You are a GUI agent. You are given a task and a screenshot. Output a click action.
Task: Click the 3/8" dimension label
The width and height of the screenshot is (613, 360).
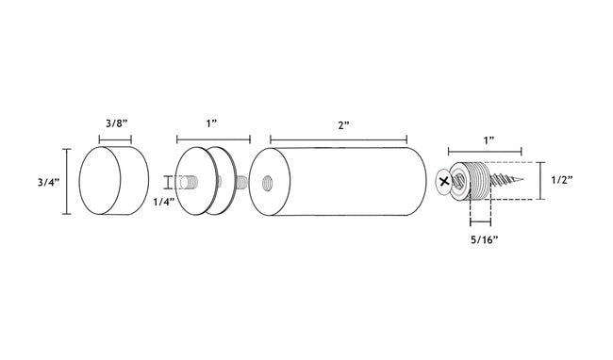point(117,123)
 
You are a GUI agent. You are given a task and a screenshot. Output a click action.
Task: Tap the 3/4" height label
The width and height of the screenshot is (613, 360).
point(48,182)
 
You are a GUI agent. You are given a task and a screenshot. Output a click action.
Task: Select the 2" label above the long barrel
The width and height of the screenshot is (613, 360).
point(343,125)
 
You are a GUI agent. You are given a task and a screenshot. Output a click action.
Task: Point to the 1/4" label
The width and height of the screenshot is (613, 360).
point(163,202)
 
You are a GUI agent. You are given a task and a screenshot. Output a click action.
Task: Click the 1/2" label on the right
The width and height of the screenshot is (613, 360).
point(562,180)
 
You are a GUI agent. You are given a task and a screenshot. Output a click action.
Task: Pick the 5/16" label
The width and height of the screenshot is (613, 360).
point(484,239)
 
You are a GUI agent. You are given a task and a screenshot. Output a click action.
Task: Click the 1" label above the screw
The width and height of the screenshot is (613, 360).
point(489,140)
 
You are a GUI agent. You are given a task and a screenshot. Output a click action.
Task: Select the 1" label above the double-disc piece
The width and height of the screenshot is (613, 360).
point(211,123)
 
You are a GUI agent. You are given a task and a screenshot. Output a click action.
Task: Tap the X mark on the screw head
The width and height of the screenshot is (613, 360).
point(444,181)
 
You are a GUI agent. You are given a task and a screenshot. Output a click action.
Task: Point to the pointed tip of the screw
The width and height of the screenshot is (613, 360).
point(522,180)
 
